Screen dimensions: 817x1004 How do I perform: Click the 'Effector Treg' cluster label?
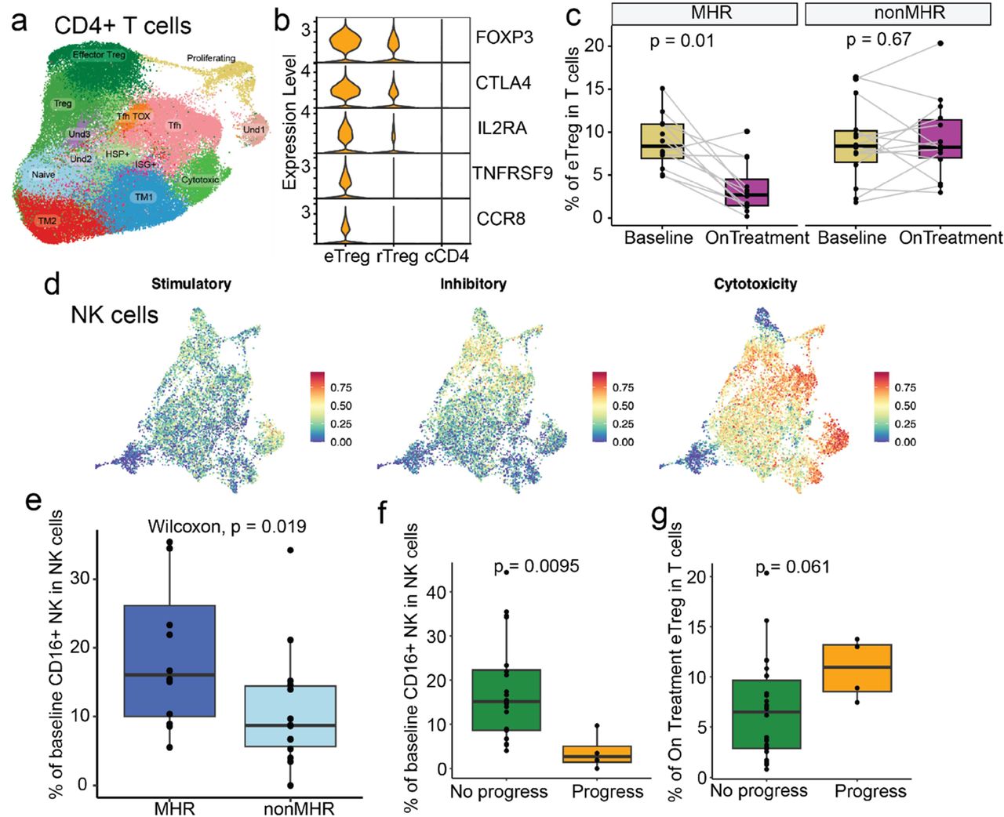(99, 55)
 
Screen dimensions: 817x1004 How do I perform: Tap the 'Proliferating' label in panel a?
(211, 58)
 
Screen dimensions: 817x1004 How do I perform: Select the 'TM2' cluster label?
(47, 221)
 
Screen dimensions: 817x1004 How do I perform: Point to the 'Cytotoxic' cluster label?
(200, 180)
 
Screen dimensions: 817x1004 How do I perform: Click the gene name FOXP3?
(504, 37)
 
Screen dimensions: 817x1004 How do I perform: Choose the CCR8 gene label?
(500, 218)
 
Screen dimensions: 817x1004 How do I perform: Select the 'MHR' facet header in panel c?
(704, 13)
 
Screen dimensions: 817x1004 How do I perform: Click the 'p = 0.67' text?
(878, 39)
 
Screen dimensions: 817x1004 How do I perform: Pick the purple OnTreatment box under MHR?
(747, 193)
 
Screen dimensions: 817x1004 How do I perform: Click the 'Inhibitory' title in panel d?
(473, 284)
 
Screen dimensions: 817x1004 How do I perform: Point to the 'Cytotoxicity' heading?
(755, 284)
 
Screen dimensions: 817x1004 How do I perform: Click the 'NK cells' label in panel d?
(115, 315)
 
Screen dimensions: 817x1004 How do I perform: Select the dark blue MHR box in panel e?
(170, 660)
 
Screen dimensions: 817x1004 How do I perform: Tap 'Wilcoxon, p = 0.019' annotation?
(227, 527)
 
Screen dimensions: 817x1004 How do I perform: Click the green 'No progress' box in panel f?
(507, 699)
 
